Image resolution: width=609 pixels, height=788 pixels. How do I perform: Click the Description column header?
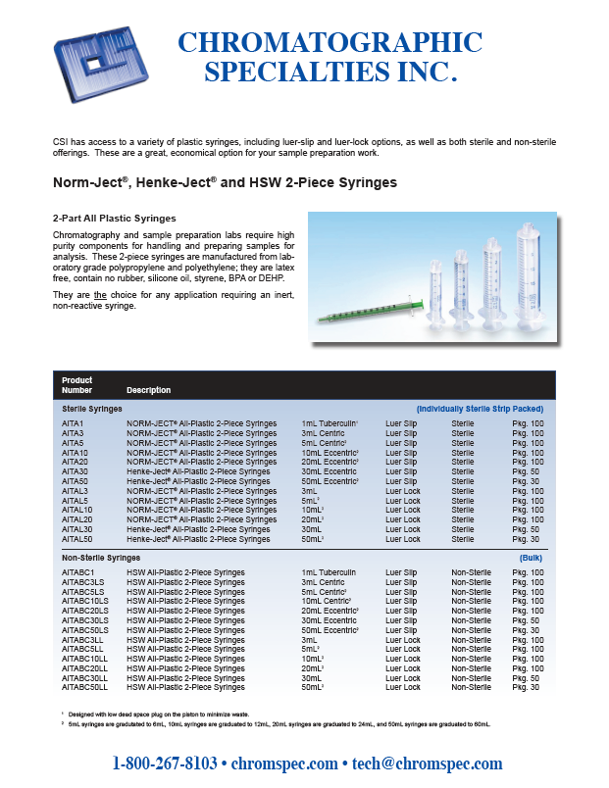[148, 390]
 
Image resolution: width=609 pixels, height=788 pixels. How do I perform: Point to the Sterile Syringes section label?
[92, 408]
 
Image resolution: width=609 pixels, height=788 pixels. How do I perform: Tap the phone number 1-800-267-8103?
[165, 763]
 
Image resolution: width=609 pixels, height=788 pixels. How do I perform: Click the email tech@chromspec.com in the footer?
[427, 763]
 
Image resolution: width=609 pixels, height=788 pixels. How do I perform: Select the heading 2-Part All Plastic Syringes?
[115, 218]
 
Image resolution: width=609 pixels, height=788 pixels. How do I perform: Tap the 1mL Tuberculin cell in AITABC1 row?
[330, 572]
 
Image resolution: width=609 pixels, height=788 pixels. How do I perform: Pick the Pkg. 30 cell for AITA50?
[528, 481]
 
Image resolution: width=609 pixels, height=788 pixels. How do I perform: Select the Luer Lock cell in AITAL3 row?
[402, 491]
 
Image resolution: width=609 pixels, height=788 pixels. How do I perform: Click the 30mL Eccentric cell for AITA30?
[329, 471]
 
